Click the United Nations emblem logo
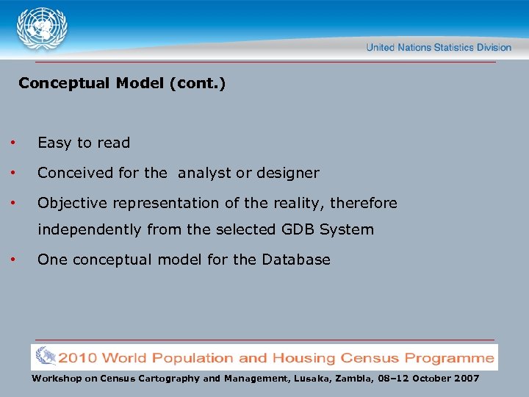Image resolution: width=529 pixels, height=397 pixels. (x=42, y=30)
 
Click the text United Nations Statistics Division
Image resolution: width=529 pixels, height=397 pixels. (x=439, y=47)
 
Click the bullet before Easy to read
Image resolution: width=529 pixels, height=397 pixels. (x=12, y=143)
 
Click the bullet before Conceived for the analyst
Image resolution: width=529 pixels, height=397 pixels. (x=12, y=173)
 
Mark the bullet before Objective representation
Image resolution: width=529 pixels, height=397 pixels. (x=12, y=203)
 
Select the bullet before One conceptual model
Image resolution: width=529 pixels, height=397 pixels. (x=12, y=260)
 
